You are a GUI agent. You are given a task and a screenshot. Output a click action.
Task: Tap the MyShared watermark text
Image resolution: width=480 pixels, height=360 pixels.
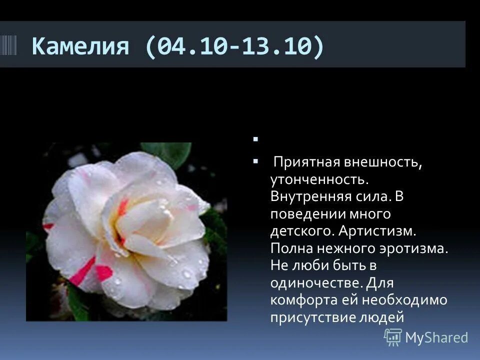(x=436, y=337)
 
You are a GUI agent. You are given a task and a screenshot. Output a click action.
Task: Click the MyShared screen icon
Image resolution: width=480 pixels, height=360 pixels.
(x=393, y=337)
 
